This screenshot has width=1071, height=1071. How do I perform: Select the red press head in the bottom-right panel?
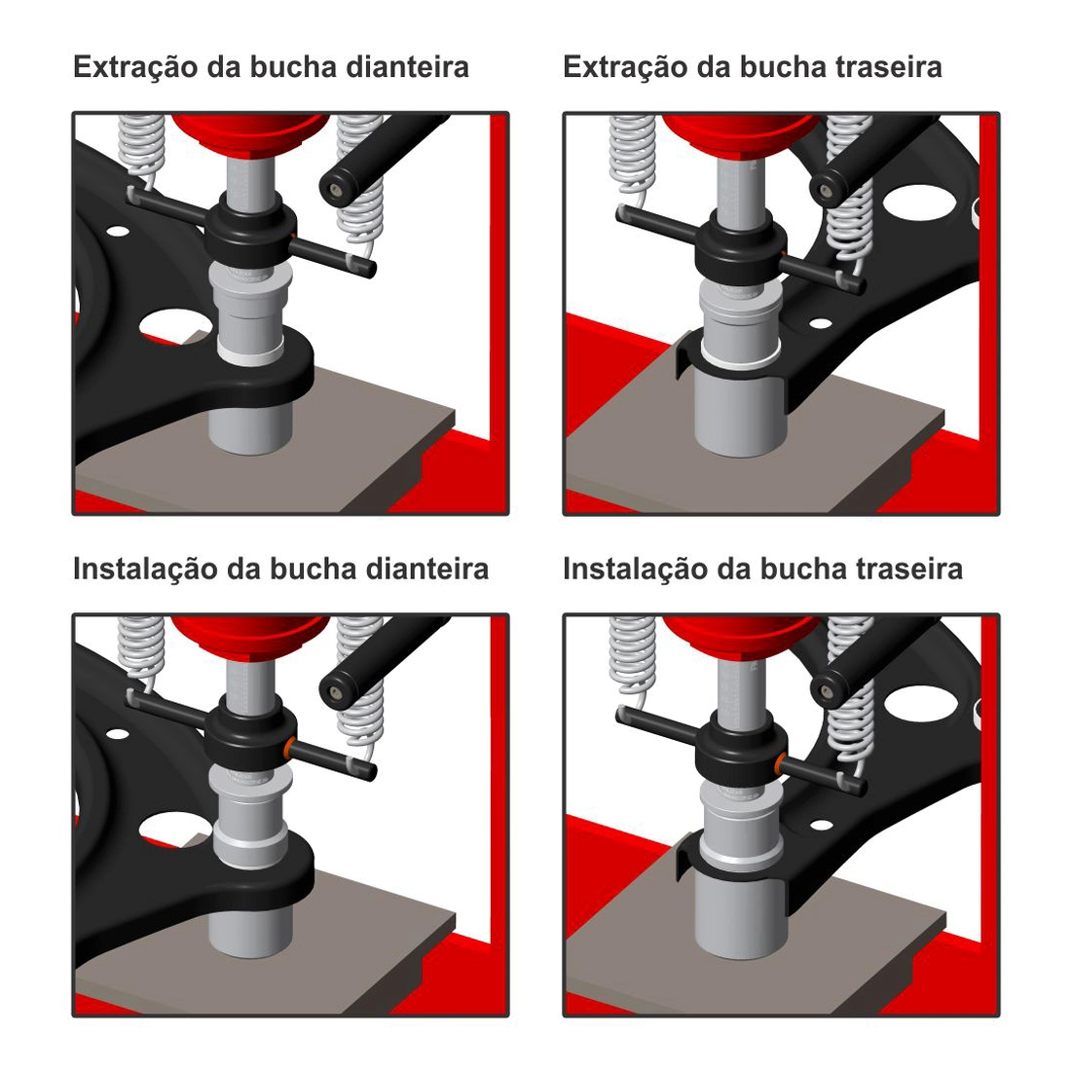[x=740, y=633]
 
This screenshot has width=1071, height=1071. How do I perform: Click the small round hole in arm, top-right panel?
[x=821, y=323]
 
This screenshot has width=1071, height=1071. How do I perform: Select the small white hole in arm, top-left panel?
[x=119, y=232]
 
